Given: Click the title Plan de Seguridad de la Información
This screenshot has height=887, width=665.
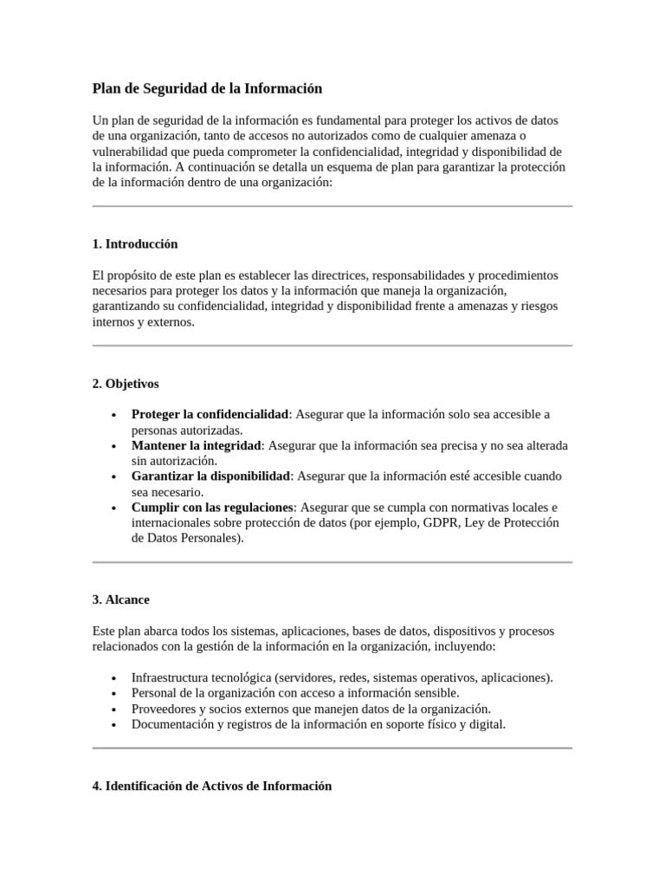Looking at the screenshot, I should (207, 88).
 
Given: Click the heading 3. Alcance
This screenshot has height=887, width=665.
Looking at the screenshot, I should (120, 599).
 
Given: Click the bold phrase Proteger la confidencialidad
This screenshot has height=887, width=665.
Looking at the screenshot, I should (210, 414).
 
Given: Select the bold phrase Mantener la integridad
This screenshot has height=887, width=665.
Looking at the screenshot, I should (196, 445).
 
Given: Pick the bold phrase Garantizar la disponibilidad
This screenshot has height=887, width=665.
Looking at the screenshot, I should (210, 476).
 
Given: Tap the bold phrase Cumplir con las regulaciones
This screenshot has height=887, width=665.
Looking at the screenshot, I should (213, 508).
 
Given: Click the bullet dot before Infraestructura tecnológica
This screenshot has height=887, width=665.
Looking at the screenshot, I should (114, 678).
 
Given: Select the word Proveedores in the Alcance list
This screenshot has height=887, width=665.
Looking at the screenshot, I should (163, 709).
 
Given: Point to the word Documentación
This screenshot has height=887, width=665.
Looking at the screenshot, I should (171, 724).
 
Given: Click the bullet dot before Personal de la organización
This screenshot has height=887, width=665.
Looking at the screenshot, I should (114, 694).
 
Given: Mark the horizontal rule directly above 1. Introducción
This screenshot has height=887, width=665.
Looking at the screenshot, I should (332, 206).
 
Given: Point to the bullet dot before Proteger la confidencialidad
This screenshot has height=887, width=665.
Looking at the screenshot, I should (114, 415).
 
